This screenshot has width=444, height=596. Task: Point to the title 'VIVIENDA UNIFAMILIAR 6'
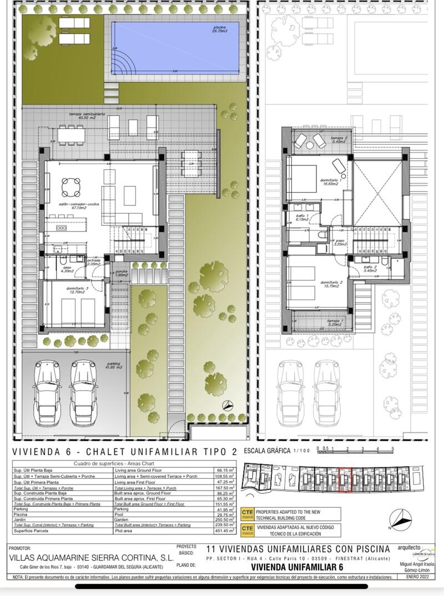click(297, 567)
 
